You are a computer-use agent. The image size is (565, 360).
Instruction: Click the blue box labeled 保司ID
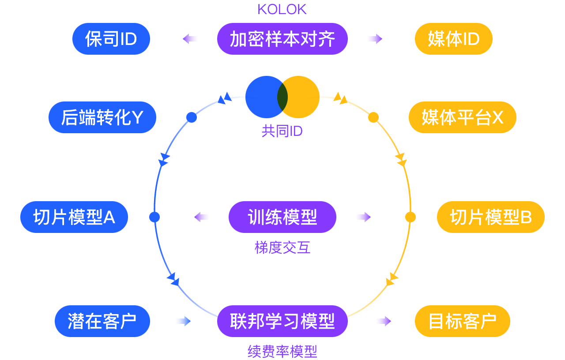[x=111, y=39]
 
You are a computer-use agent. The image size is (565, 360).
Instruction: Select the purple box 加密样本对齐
[x=282, y=39]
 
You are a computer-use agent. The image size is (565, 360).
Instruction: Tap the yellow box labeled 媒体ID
[x=453, y=39]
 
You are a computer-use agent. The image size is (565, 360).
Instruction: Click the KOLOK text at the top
[x=282, y=9]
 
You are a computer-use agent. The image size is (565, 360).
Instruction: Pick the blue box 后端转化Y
[x=102, y=117]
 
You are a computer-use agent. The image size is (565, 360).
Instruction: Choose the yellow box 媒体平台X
[x=462, y=117]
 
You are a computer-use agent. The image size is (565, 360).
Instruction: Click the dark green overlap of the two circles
[x=282, y=97]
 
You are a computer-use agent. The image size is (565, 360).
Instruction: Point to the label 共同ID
[x=282, y=131]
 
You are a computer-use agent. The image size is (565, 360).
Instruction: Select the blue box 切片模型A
[x=74, y=217]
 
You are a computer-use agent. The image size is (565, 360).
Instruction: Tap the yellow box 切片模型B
[x=490, y=217]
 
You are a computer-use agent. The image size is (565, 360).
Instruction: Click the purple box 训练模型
[x=282, y=217]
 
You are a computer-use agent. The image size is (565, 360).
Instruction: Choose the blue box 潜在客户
[x=102, y=321]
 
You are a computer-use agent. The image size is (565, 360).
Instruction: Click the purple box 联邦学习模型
[x=282, y=321]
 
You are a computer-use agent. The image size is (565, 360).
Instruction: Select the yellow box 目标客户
[x=462, y=321]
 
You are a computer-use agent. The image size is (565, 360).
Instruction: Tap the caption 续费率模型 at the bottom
[x=282, y=352]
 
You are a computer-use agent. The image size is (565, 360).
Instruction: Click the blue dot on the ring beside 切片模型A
[x=154, y=217]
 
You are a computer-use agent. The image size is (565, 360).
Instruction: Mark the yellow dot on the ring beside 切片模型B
[x=411, y=217]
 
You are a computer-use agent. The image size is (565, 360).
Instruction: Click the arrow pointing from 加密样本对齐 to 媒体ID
[x=373, y=39]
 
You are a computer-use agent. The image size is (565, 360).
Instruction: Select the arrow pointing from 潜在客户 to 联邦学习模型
[x=182, y=321]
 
